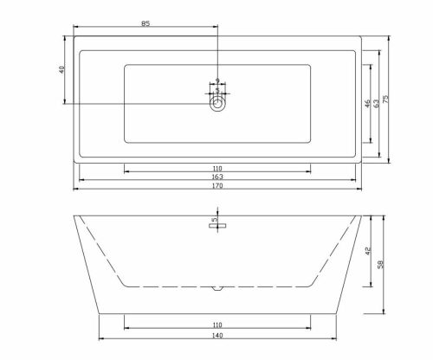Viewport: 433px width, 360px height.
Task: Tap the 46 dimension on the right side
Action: click(x=367, y=104)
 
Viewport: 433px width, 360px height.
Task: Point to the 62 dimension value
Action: click(x=377, y=104)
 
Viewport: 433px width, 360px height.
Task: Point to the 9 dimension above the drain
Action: click(x=216, y=80)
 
